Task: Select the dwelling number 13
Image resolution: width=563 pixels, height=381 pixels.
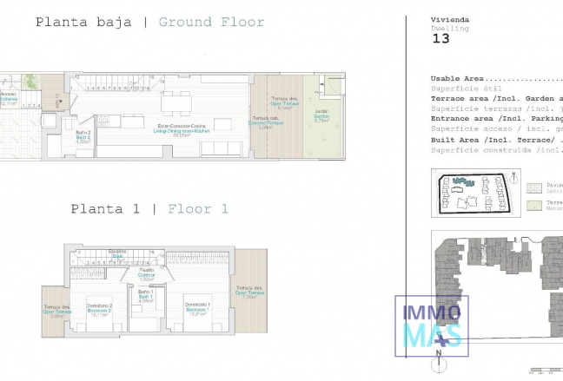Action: [440, 39]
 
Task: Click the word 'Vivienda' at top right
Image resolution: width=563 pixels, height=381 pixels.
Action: [451, 19]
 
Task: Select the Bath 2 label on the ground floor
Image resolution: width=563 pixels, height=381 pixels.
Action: [83, 137]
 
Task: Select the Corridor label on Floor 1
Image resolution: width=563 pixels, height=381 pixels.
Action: [146, 274]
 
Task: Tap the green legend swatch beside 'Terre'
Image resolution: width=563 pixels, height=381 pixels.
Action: [533, 205]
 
